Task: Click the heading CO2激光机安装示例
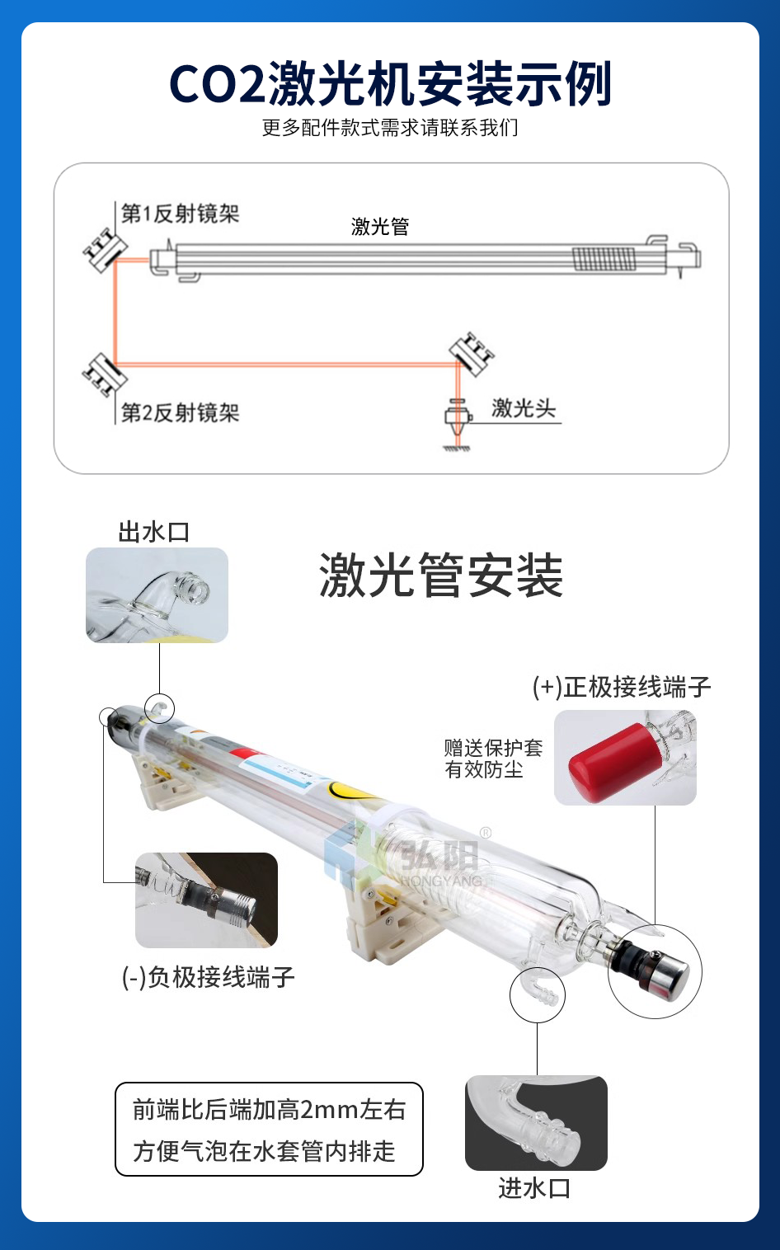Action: [x=390, y=84]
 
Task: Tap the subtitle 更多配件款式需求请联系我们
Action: [x=390, y=128]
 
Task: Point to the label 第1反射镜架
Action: [x=181, y=214]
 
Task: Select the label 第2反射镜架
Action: [x=181, y=413]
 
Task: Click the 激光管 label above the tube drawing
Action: [x=380, y=227]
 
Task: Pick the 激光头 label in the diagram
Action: [x=524, y=408]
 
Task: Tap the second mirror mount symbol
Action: [x=105, y=374]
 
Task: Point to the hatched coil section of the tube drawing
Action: [x=604, y=259]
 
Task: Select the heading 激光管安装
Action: [x=441, y=576]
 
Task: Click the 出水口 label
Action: [x=154, y=533]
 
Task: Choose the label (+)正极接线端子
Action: [x=622, y=686]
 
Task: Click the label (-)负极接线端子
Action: [x=208, y=977]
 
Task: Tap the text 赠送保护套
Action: [x=493, y=748]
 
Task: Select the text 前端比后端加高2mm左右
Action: [x=269, y=1109]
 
